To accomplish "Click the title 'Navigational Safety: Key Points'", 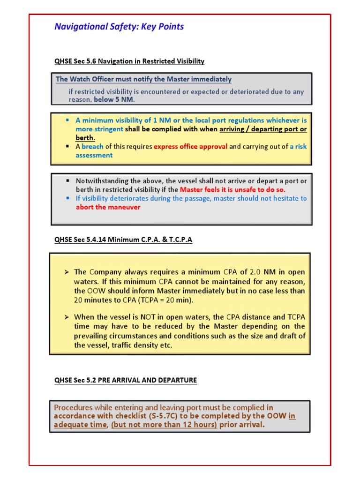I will click(119, 27).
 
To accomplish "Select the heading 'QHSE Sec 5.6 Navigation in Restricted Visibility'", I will click(129, 61).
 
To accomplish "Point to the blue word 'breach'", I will click(92, 146).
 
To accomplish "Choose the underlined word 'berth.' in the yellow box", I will click(85, 138).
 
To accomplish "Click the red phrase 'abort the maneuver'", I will click(108, 207).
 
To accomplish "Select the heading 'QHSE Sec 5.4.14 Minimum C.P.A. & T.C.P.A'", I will click(123, 240).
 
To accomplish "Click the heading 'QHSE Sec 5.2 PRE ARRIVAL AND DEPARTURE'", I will click(126, 380).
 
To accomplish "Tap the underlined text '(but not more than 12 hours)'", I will click(164, 425).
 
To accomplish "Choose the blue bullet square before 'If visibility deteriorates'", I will click(67, 198).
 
